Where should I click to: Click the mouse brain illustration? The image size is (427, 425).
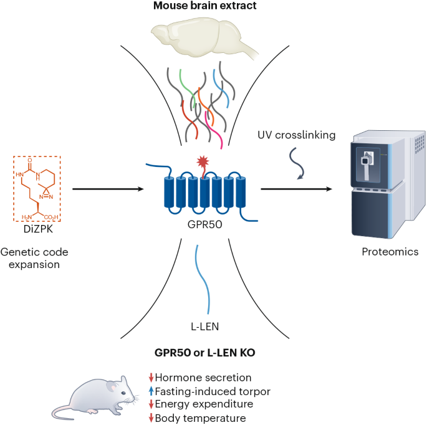205,39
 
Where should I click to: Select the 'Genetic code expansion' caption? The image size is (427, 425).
35,259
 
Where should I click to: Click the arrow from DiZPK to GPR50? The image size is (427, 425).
106,189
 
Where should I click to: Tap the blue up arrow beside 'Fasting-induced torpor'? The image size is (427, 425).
150,391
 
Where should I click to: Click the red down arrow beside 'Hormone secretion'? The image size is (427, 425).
150,377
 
